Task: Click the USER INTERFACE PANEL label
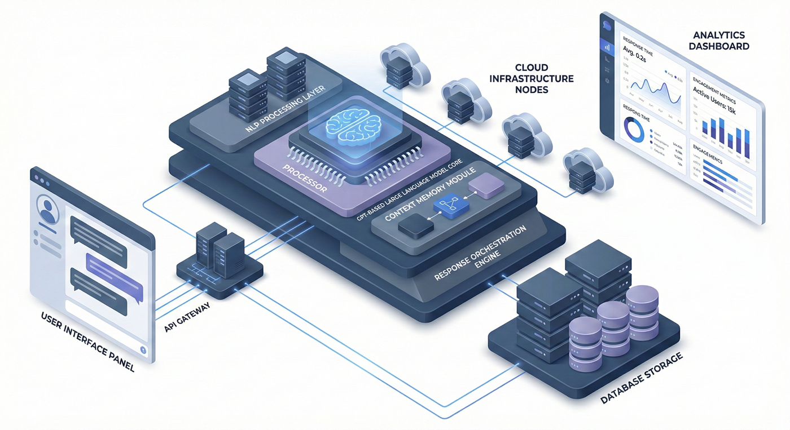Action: click(87, 341)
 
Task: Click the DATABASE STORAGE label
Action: click(641, 379)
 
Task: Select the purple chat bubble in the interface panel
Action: click(114, 268)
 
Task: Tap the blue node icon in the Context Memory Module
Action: click(447, 206)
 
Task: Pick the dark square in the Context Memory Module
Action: click(415, 226)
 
